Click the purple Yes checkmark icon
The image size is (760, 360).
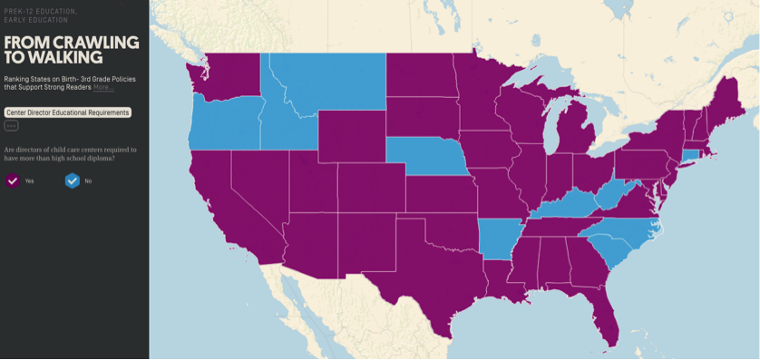pos(13,180)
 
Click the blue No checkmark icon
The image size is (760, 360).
pos(72,180)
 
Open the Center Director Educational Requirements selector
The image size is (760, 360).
pos(68,112)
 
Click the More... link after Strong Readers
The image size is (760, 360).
pos(103,87)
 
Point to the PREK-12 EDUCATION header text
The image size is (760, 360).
pos(40,10)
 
